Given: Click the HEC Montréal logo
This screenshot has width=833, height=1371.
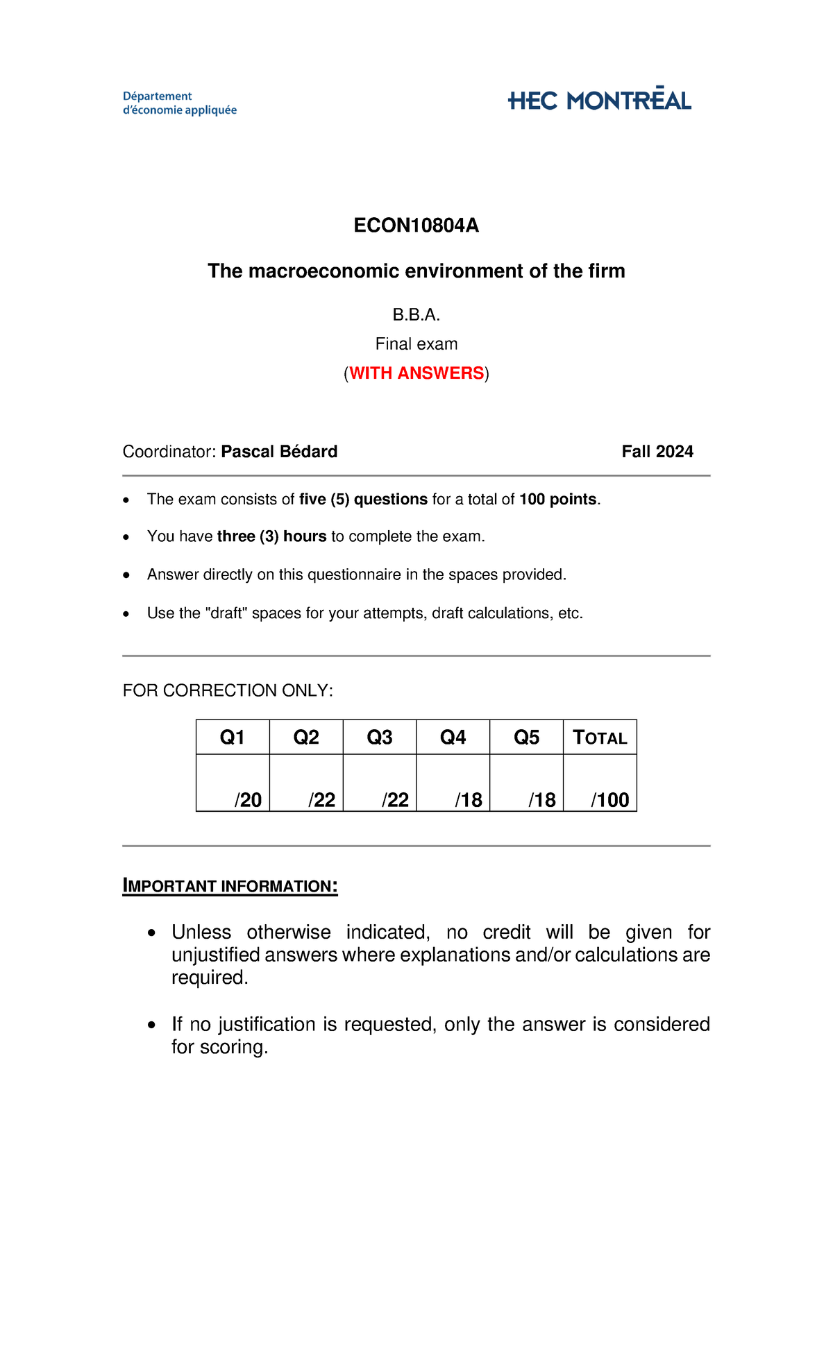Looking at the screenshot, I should pyautogui.click(x=599, y=101).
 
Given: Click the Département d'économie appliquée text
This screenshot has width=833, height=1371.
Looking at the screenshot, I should pyautogui.click(x=180, y=103).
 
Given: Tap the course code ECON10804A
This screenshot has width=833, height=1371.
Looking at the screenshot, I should pyautogui.click(x=416, y=225).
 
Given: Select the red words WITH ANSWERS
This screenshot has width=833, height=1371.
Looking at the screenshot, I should pyautogui.click(x=416, y=373).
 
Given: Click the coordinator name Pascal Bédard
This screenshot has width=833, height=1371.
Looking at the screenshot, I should pyautogui.click(x=279, y=452).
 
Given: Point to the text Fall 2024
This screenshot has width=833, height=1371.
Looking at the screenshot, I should pyautogui.click(x=657, y=452).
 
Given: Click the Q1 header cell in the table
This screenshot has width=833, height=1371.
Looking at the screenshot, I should pyautogui.click(x=233, y=737).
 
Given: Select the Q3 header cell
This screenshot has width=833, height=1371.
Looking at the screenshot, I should pyautogui.click(x=380, y=737).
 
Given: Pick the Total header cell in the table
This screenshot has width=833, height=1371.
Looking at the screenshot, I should pyautogui.click(x=600, y=737).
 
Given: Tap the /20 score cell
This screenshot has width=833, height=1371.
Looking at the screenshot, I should pyautogui.click(x=233, y=783).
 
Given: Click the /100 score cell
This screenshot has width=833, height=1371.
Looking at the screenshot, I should pyautogui.click(x=600, y=783).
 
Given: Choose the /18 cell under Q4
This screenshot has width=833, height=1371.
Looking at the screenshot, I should pyautogui.click(x=453, y=783).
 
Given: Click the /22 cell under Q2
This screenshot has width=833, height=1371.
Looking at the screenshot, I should pyautogui.click(x=306, y=783).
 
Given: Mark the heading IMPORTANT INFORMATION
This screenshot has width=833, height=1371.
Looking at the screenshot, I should pyautogui.click(x=230, y=886).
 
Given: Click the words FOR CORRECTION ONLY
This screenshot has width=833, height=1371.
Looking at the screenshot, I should pyautogui.click(x=228, y=690).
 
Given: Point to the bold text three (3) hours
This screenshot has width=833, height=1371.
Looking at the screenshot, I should pyautogui.click(x=271, y=536).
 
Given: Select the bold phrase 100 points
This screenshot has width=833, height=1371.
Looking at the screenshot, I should pyautogui.click(x=558, y=500).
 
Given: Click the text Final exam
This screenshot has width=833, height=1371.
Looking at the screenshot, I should pyautogui.click(x=416, y=344).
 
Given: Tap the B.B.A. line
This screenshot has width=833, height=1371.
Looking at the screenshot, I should pyautogui.click(x=416, y=315).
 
